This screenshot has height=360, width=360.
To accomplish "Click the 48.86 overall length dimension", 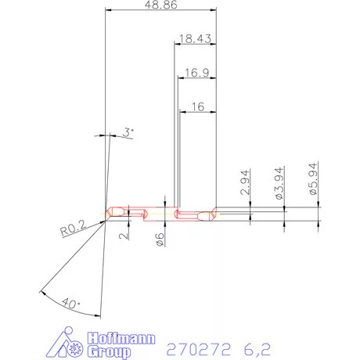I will [159, 5].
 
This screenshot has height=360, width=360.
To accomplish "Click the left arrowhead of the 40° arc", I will [39, 292].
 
